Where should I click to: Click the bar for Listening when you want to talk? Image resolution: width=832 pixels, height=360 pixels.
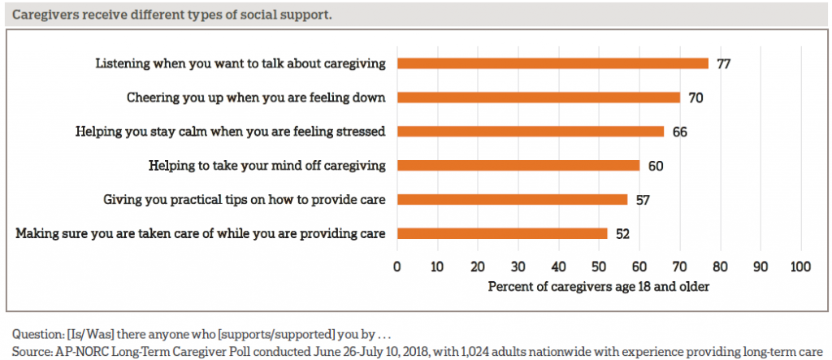click(552, 63)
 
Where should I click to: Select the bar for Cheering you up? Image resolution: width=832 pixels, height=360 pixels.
click(539, 98)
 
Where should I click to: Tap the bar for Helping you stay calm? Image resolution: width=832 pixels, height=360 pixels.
click(531, 132)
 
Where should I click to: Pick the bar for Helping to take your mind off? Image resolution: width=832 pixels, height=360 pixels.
click(518, 166)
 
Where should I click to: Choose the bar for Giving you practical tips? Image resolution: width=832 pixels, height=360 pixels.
click(512, 199)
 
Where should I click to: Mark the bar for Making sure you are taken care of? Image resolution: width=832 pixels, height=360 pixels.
click(502, 233)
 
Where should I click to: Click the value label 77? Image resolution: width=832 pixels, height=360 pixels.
click(724, 63)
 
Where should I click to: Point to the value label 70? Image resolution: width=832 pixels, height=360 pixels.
click(695, 98)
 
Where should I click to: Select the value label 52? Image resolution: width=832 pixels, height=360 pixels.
click(623, 234)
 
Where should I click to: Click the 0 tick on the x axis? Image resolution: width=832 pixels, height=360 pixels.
click(397, 267)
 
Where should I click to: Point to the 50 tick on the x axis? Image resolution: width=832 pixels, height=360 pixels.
click(599, 267)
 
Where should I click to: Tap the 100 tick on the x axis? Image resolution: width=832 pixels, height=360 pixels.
click(800, 267)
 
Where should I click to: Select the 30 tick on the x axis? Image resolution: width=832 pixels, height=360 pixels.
click(518, 267)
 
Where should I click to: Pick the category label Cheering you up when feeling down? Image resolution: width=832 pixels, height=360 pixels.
click(256, 98)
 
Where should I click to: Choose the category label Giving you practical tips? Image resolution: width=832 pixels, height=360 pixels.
click(245, 199)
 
